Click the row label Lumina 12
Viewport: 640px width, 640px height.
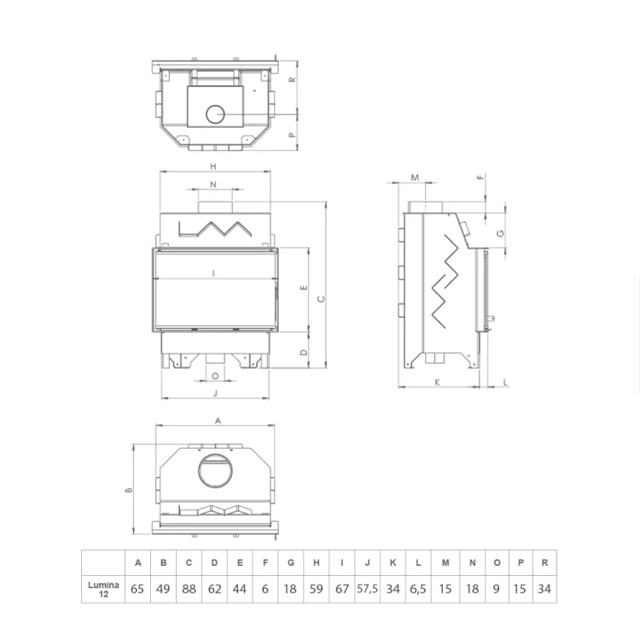[x=103, y=589]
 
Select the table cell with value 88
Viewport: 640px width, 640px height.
[x=189, y=589]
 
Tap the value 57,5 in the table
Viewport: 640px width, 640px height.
[x=367, y=589]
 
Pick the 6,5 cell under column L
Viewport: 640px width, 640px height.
[x=418, y=589]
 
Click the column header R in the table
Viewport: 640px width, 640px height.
[x=544, y=563]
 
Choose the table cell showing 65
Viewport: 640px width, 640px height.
[x=137, y=589]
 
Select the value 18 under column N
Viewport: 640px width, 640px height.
[x=472, y=589]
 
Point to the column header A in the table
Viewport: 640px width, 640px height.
[x=137, y=563]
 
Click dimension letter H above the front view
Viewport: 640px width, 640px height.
[x=213, y=166]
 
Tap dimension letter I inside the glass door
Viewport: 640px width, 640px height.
[x=213, y=273]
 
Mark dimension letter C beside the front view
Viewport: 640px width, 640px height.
[x=321, y=299]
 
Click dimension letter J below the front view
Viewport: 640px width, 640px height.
[x=215, y=393]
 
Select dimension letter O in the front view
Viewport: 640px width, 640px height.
[x=214, y=375]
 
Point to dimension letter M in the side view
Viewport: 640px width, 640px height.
[x=416, y=177]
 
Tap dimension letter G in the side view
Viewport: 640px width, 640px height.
[x=501, y=233]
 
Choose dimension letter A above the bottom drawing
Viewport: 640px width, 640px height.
[x=218, y=421]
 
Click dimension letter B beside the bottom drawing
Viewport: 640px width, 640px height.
[x=129, y=490]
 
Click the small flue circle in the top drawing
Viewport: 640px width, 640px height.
[x=216, y=113]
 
